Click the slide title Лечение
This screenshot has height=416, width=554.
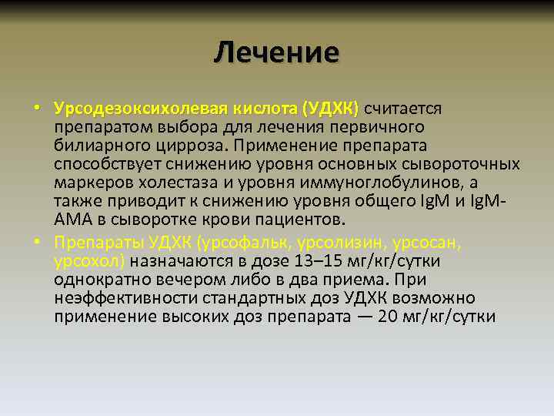coord(276,52)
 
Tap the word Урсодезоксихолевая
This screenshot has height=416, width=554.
coord(126,109)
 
